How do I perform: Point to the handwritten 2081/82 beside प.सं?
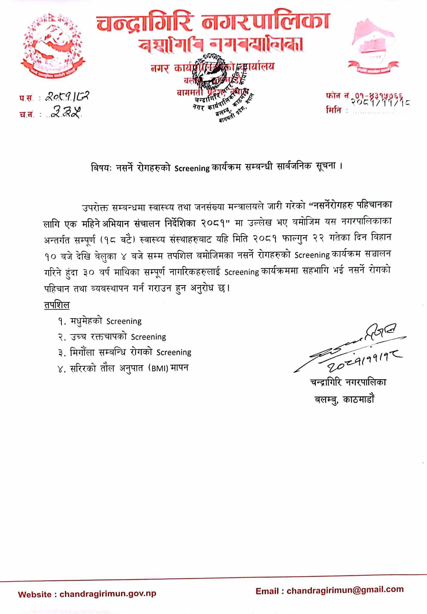[x=67, y=97]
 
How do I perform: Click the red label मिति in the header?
[x=334, y=110]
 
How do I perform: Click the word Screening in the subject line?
[x=192, y=168]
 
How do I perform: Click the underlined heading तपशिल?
[x=57, y=305]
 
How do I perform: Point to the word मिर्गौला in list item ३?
[x=85, y=352]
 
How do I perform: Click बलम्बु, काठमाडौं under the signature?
[x=344, y=400]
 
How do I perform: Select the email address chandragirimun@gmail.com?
[x=345, y=590]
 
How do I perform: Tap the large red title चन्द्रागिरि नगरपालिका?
[x=213, y=22]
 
